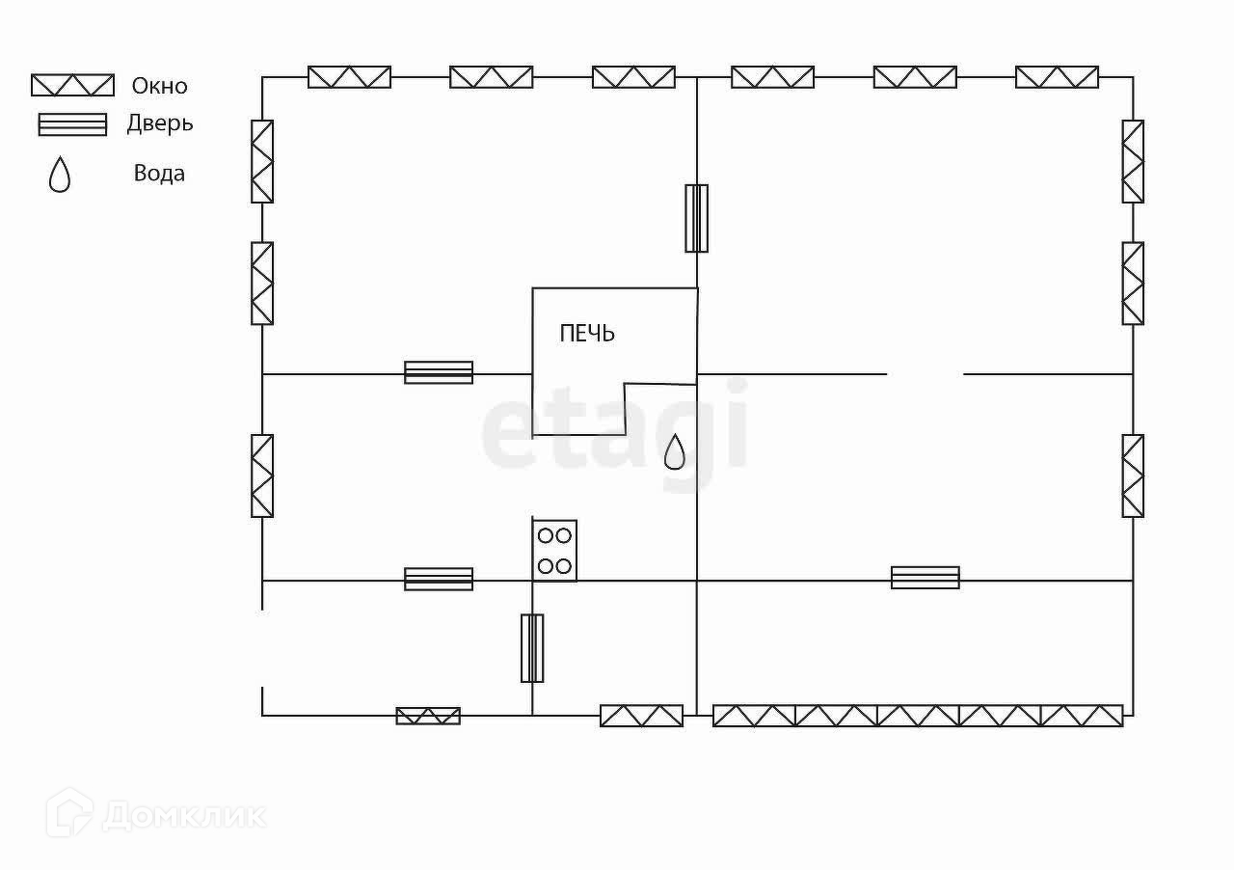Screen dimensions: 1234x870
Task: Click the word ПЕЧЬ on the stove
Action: pyautogui.click(x=587, y=334)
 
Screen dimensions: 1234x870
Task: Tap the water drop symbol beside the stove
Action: pyautogui.click(x=675, y=451)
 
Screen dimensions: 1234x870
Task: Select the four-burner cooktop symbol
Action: pyautogui.click(x=554, y=551)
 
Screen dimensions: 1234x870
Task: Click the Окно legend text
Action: pyautogui.click(x=160, y=86)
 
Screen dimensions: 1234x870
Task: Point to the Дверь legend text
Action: pyautogui.click(x=160, y=123)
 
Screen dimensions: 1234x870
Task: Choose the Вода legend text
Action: pyautogui.click(x=159, y=174)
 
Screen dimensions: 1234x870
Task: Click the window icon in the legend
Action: pyautogui.click(x=72, y=85)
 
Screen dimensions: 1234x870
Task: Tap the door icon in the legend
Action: pyautogui.click(x=72, y=124)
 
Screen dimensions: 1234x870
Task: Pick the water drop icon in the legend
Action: pyautogui.click(x=60, y=175)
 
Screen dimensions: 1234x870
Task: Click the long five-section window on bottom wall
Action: pyautogui.click(x=918, y=716)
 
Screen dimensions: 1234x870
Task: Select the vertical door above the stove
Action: pyautogui.click(x=696, y=218)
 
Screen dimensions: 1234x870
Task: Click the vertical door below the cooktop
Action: pyautogui.click(x=532, y=648)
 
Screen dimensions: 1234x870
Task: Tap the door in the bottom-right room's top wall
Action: pyautogui.click(x=925, y=578)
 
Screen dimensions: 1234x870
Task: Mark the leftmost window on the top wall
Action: pyautogui.click(x=349, y=77)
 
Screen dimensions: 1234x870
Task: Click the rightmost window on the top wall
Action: pyautogui.click(x=1057, y=77)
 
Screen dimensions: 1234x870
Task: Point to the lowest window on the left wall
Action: pyautogui.click(x=262, y=476)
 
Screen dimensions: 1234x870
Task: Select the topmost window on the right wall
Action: pyautogui.click(x=1133, y=161)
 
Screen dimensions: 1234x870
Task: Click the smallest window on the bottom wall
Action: pyautogui.click(x=428, y=716)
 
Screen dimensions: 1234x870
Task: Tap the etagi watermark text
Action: pyautogui.click(x=614, y=423)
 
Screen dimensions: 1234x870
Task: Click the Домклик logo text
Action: pyautogui.click(x=183, y=816)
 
